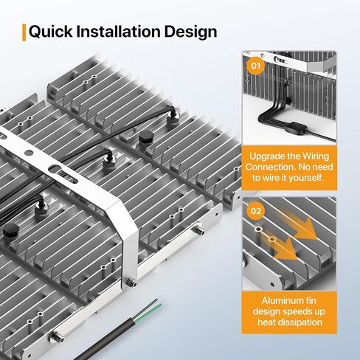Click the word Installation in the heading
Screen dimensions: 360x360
119,31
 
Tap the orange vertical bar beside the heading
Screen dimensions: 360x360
24,32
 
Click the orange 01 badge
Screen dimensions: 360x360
256,66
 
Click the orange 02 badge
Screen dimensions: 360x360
256,211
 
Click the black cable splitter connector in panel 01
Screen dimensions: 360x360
296,127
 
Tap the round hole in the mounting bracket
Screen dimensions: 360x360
29,153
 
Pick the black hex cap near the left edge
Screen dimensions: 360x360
11,230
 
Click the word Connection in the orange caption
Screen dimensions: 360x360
269,167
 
